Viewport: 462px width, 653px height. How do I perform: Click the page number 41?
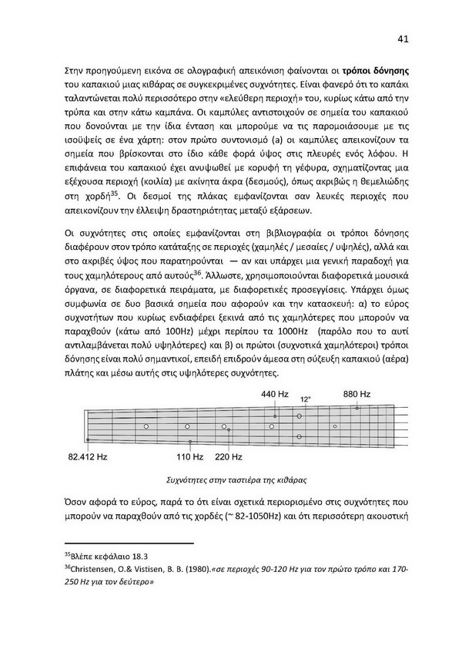[x=402, y=39]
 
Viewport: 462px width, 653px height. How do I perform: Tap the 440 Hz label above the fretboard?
[x=274, y=394]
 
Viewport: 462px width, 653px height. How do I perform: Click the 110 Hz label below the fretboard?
[x=189, y=457]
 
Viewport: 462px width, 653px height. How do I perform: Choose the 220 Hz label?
[x=229, y=457]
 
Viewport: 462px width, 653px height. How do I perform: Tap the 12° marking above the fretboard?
[x=306, y=399]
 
